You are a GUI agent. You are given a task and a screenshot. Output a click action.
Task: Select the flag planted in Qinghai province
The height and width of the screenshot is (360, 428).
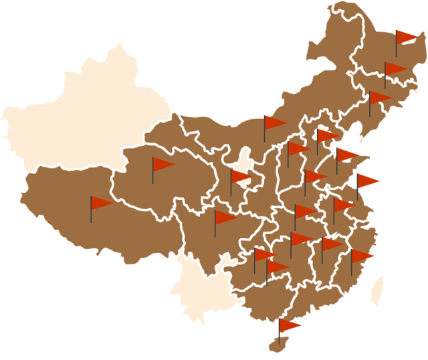click(x=162, y=165)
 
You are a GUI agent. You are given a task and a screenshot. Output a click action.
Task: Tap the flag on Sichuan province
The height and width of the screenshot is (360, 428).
click(x=225, y=217)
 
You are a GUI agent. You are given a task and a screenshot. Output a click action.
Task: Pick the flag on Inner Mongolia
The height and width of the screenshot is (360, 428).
click(x=274, y=122)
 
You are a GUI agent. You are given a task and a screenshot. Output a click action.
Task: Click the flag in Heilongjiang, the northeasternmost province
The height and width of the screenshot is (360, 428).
click(x=405, y=36)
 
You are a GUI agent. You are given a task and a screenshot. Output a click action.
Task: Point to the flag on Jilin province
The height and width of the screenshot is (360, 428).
click(x=395, y=69)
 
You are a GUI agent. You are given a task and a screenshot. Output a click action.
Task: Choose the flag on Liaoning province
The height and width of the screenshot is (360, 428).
click(x=379, y=98)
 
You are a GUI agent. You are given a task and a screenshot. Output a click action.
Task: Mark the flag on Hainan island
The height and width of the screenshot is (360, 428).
click(x=289, y=326)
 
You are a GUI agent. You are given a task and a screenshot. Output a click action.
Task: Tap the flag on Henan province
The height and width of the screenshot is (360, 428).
click(x=314, y=177)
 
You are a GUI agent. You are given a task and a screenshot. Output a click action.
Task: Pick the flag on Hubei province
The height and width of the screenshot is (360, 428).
click(x=305, y=211)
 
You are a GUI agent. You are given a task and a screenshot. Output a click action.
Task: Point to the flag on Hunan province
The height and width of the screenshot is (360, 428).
click(x=300, y=239)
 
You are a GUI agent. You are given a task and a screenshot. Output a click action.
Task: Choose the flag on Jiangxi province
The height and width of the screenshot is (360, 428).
click(x=331, y=244)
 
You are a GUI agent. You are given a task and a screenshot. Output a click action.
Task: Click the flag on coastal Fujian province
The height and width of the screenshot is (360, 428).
click(x=361, y=256)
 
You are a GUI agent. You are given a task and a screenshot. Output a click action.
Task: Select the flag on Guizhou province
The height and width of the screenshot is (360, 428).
click(x=263, y=255)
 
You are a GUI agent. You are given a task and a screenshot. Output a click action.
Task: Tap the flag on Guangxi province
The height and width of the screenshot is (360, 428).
click(x=276, y=267)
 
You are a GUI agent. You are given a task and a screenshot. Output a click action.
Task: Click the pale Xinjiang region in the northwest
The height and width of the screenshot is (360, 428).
click(x=87, y=114)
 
